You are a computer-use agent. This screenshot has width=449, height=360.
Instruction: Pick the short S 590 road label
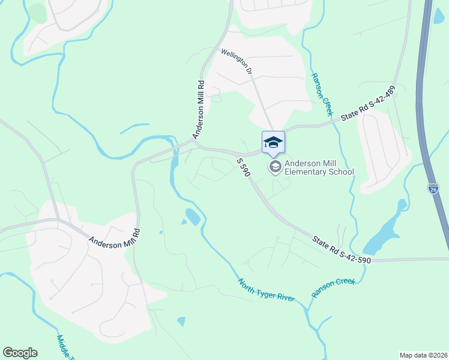click(243, 167)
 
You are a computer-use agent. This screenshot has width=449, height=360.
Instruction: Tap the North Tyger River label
click(266, 290)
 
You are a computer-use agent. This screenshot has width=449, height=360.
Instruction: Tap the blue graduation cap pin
click(273, 142)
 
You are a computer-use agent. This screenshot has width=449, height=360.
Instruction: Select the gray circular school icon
click(276, 166)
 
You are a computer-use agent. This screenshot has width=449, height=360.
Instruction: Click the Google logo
click(20, 353)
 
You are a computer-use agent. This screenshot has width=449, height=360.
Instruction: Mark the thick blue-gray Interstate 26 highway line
click(427, 120)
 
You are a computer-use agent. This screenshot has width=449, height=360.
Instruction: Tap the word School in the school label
click(342, 172)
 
